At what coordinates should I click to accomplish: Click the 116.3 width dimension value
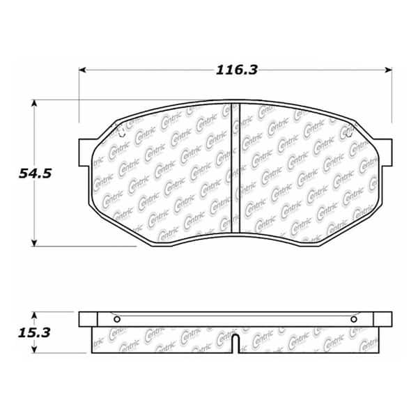236,70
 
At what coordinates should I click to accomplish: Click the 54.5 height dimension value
36,173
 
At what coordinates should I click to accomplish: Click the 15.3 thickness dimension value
34,333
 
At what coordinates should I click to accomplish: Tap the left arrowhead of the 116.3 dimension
82,70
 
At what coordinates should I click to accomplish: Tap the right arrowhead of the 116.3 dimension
389,70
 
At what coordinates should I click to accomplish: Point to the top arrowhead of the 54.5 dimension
34,103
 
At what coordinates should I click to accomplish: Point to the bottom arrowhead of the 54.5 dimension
34,243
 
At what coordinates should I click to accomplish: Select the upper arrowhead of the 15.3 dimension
34,316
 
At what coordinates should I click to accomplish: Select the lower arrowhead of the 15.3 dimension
34,350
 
